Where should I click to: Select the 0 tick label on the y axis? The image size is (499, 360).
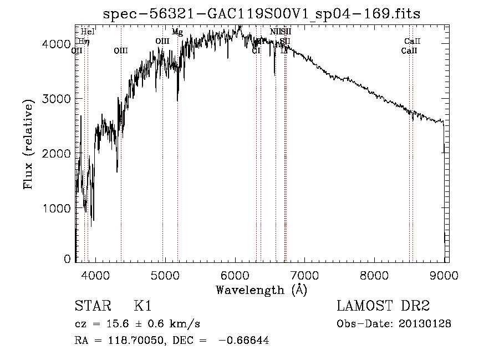coord(67,259)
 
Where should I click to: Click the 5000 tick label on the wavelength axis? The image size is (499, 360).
coord(165,275)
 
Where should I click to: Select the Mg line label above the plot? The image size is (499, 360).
coord(177,32)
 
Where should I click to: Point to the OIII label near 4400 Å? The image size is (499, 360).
coord(121,50)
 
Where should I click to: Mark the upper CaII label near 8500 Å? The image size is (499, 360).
coord(413,41)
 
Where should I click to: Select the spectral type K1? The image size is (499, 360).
coord(142,307)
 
